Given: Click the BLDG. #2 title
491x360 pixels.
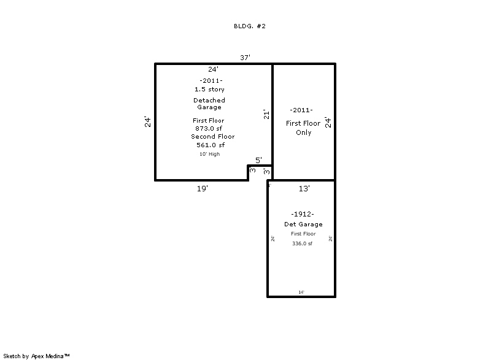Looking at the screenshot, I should (249, 26).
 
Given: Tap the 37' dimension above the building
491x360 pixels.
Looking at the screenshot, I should (245, 58).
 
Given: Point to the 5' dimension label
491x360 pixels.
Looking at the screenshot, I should (259, 160).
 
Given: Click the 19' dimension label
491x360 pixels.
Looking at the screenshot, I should (203, 189).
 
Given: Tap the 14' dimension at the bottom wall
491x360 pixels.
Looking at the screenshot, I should (301, 293).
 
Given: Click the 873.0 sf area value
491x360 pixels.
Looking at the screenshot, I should (209, 128).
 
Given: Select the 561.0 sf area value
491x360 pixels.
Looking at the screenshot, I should (211, 145).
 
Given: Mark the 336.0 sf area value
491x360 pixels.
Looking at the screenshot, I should (302, 243).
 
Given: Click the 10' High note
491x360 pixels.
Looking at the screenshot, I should (209, 154).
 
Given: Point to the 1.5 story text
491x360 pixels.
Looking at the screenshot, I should (209, 90).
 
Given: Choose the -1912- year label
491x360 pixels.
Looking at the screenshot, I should (303, 214).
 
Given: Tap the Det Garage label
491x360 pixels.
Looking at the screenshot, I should (303, 224).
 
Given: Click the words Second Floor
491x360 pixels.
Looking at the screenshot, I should (212, 137).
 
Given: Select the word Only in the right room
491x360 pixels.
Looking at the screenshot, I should (303, 132).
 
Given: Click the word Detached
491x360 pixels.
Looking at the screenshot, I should (209, 100).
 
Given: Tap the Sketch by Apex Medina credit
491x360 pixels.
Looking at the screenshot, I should (37, 355).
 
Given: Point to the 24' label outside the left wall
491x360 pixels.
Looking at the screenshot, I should (147, 121).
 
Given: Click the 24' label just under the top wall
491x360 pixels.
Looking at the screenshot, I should (213, 69).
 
